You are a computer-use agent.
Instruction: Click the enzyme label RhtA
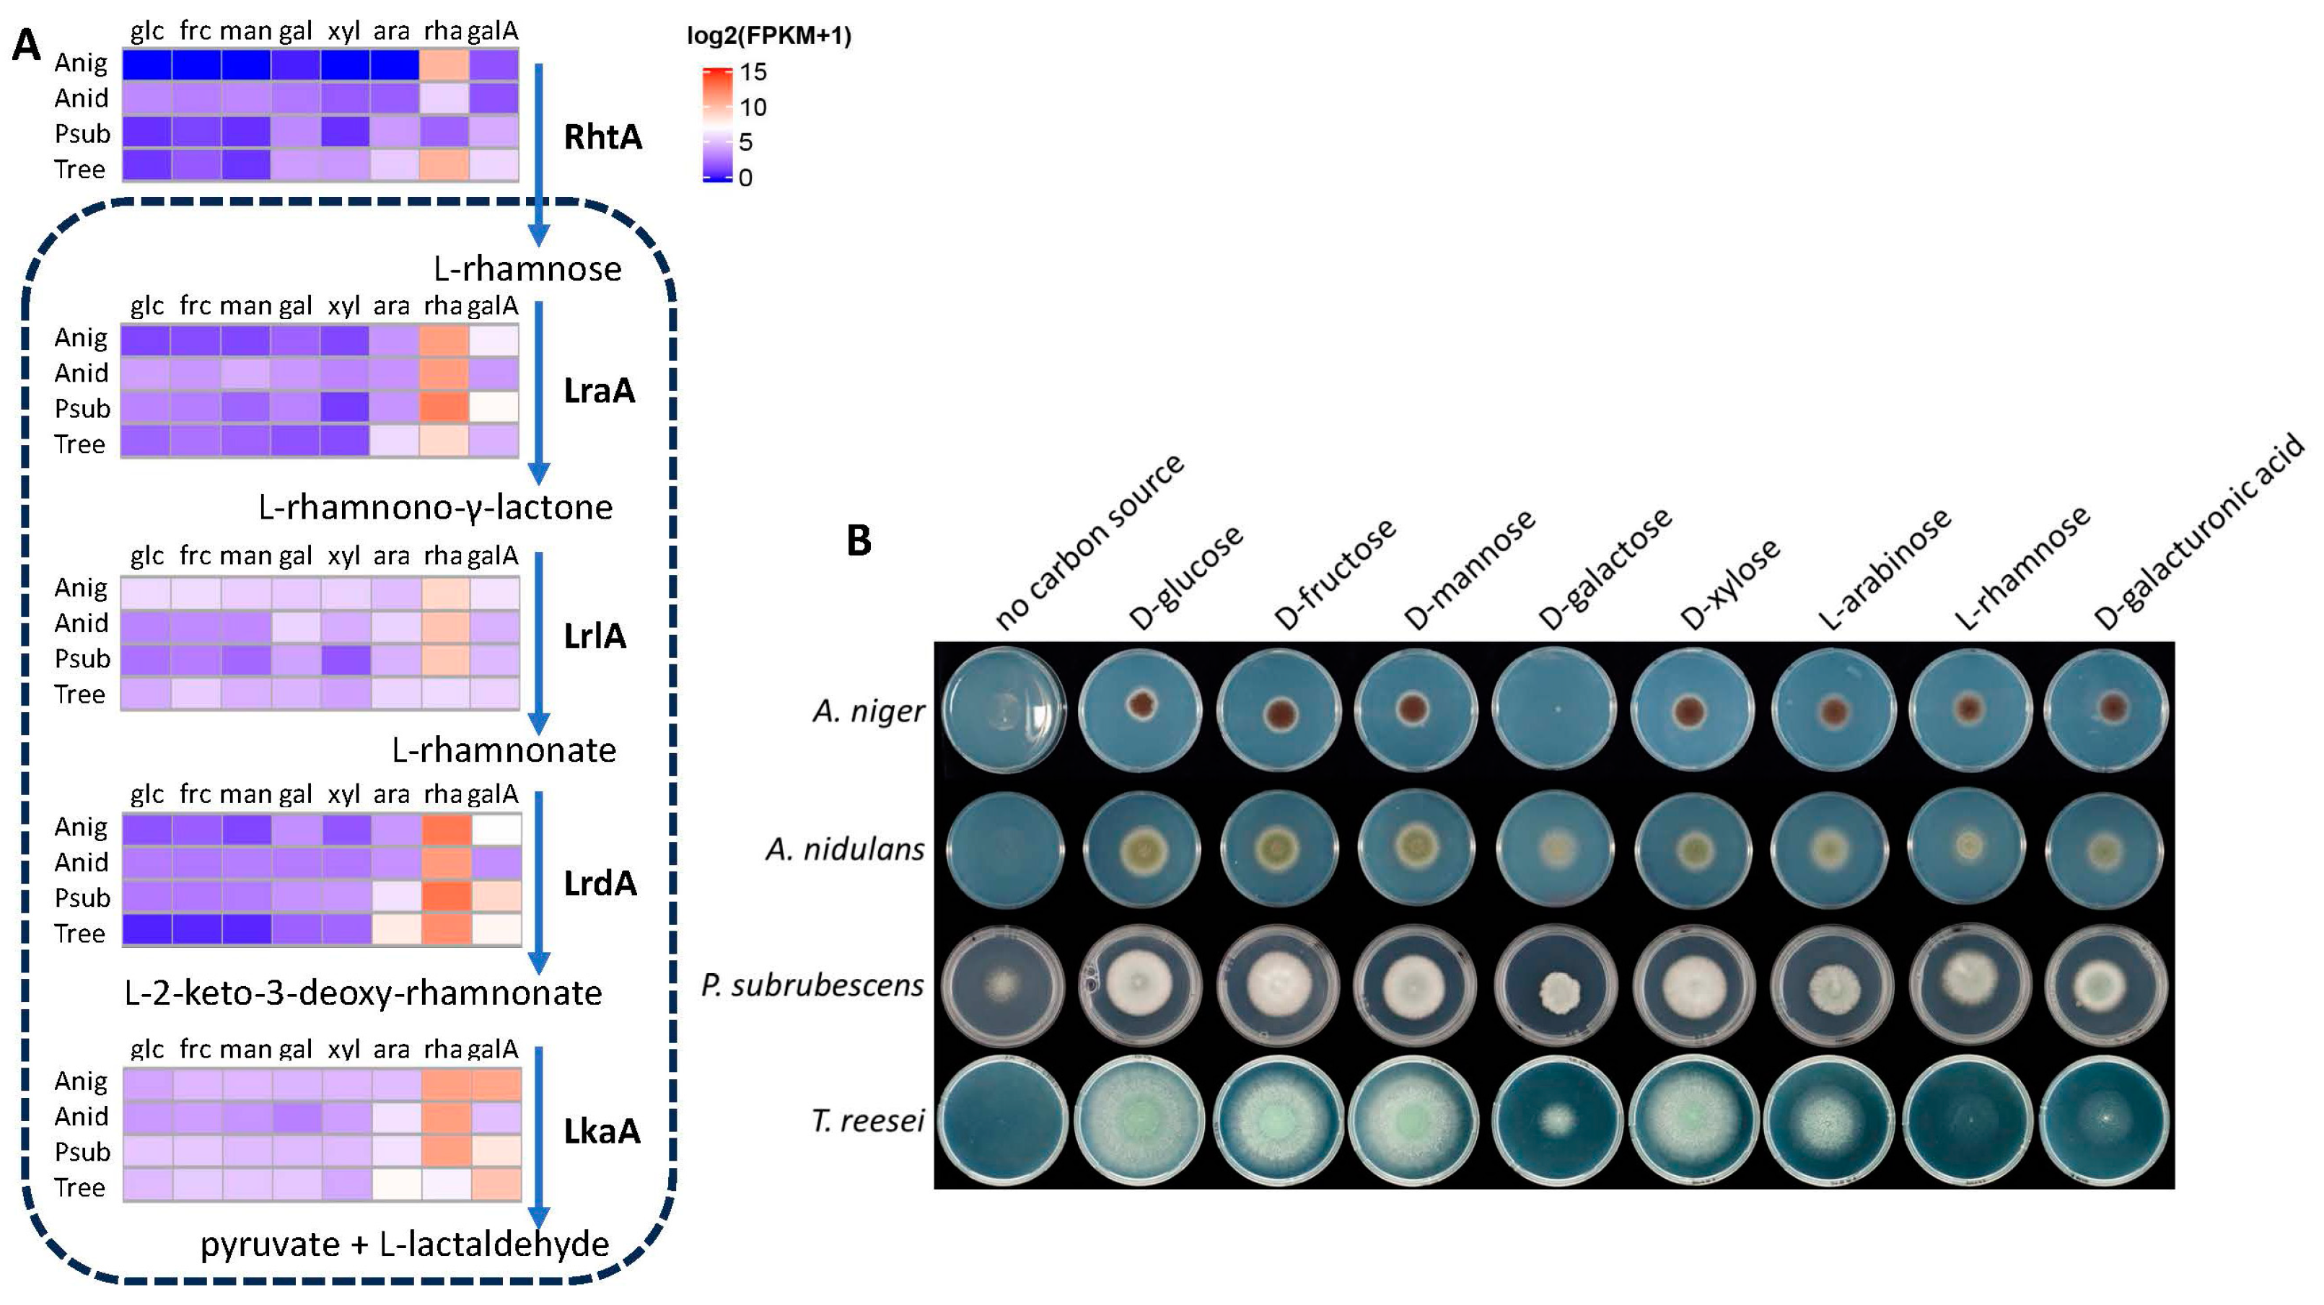[602, 137]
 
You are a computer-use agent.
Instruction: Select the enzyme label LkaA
[601, 1131]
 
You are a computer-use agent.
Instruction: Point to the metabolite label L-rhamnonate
[504, 750]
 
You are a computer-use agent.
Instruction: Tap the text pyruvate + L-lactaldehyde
[404, 1244]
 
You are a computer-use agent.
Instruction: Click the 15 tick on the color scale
[753, 72]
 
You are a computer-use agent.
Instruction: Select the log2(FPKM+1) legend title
[768, 35]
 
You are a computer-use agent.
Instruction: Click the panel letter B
[859, 540]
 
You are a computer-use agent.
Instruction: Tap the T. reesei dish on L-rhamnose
[1970, 1120]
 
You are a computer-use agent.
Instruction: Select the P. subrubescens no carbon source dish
[1001, 985]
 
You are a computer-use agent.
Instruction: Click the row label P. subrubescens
[812, 985]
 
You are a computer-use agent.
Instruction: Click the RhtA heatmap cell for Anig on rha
[444, 64]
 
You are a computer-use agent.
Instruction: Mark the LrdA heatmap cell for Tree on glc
[147, 930]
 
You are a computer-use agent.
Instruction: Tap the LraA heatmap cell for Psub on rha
[444, 408]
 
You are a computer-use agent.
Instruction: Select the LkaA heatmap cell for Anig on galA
[495, 1083]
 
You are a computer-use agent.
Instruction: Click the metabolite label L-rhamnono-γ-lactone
[435, 508]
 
